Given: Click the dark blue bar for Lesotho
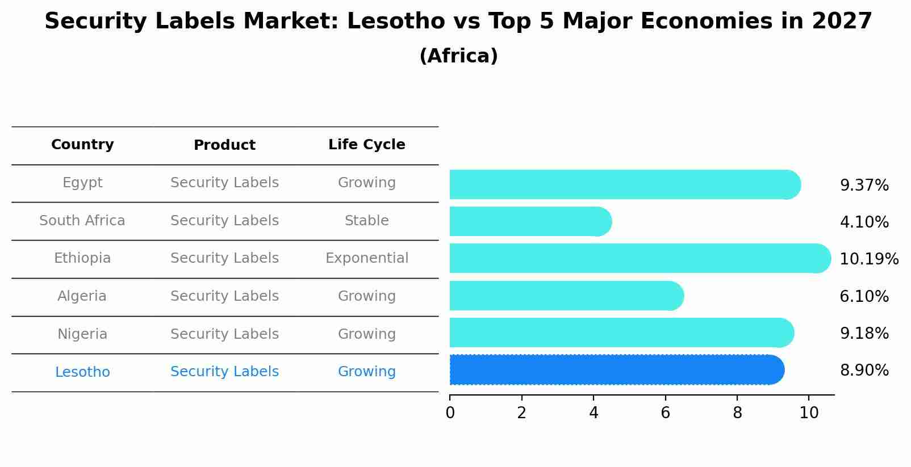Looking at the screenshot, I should tap(616, 370).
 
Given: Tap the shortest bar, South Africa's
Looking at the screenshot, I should tap(530, 221).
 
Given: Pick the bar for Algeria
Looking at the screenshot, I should tap(566, 296).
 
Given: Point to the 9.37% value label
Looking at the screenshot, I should tap(864, 186).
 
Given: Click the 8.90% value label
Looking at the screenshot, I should tap(864, 371).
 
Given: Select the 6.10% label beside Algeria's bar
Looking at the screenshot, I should tap(864, 296).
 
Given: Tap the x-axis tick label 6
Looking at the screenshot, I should tap(665, 413).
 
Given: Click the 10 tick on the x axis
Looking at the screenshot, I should tap(809, 413).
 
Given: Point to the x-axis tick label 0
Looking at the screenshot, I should tap(450, 413).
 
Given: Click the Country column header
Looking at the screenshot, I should tap(82, 145).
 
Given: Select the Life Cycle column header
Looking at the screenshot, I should tap(366, 145).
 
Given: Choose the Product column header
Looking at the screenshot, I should tap(224, 145).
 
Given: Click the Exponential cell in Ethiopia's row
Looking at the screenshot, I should tap(366, 258).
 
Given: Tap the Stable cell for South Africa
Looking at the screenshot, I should tap(366, 221).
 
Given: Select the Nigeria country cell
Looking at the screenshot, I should tap(82, 334).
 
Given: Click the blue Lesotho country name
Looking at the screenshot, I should tap(82, 372).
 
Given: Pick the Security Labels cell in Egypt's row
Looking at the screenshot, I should tap(224, 183).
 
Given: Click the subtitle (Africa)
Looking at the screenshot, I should tap(458, 56).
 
